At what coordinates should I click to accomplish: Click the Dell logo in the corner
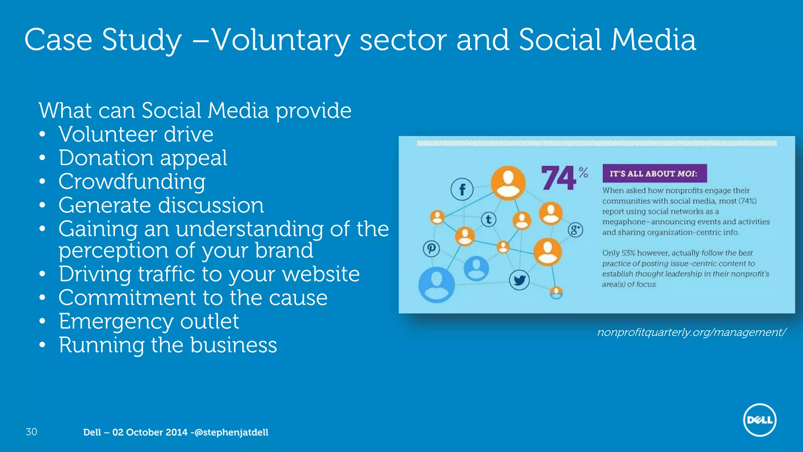click(759, 420)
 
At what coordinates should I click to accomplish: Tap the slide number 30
click(31, 432)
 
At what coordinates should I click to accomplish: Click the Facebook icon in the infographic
click(462, 190)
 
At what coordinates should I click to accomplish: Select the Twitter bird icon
click(519, 280)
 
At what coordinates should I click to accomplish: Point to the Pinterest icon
click(431, 249)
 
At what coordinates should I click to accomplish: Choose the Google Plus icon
click(575, 230)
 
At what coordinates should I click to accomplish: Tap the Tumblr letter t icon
click(489, 219)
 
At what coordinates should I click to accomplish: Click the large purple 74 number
click(559, 178)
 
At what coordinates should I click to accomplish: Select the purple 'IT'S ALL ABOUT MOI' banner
click(654, 173)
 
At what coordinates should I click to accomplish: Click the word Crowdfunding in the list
click(132, 182)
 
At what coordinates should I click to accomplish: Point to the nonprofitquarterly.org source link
click(691, 332)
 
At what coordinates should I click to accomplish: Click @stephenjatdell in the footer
click(231, 432)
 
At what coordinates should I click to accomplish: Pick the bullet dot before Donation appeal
click(42, 158)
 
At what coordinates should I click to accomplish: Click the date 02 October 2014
click(150, 432)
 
